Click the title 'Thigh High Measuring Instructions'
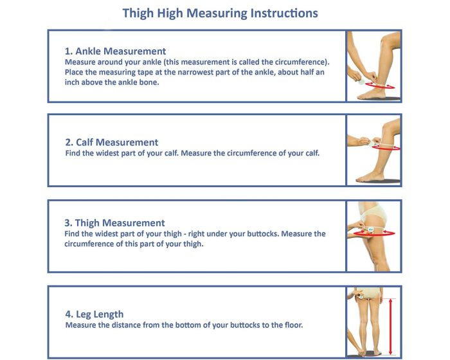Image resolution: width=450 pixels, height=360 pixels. pyautogui.click(x=220, y=13)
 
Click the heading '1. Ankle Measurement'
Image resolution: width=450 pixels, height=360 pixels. pyautogui.click(x=115, y=51)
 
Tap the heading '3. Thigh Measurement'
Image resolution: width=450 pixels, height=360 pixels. pyautogui.click(x=114, y=223)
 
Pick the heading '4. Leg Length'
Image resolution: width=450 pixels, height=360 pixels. pyautogui.click(x=94, y=314)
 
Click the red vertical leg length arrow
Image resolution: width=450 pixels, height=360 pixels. pyautogui.click(x=390, y=326)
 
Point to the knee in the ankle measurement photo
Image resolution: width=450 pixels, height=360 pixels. pyautogui.click(x=389, y=46)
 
